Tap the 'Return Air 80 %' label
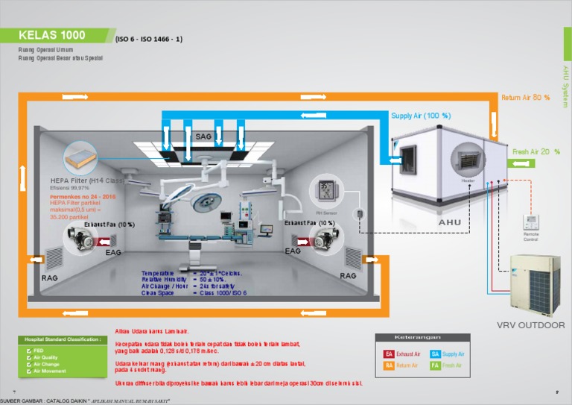tap(525, 98)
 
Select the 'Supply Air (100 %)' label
tap(421, 116)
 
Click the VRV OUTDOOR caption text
tap(530, 325)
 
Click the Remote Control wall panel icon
tap(531, 222)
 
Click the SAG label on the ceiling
tap(203, 137)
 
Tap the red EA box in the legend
tap(388, 354)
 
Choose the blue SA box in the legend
tap(435, 354)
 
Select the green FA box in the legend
tap(435, 365)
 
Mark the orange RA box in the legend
tap(388, 365)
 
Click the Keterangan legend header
tap(422, 338)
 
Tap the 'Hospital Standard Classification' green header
tap(62, 340)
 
